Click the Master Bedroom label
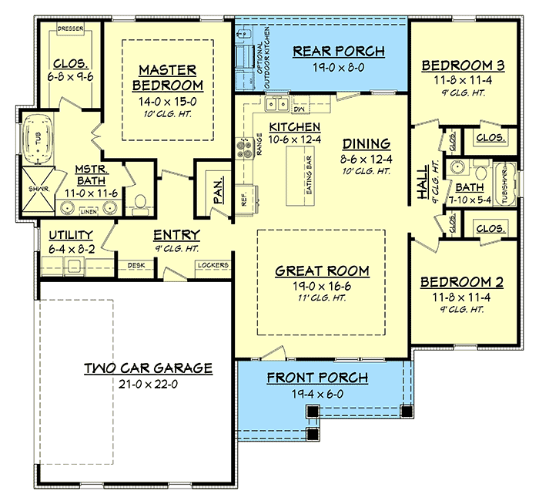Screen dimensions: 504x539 [167, 77]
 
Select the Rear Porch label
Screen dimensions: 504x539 [339, 52]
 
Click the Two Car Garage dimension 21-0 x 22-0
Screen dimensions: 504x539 [148, 385]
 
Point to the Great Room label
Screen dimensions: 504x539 [322, 270]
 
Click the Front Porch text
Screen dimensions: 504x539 [317, 378]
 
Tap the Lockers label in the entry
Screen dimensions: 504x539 [213, 265]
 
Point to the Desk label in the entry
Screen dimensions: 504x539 [136, 265]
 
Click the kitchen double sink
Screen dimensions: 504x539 [275, 104]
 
